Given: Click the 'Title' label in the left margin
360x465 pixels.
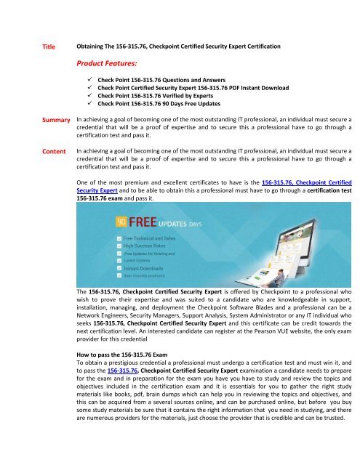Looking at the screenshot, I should [49, 47].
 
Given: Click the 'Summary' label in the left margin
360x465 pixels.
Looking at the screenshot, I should [55, 118].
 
